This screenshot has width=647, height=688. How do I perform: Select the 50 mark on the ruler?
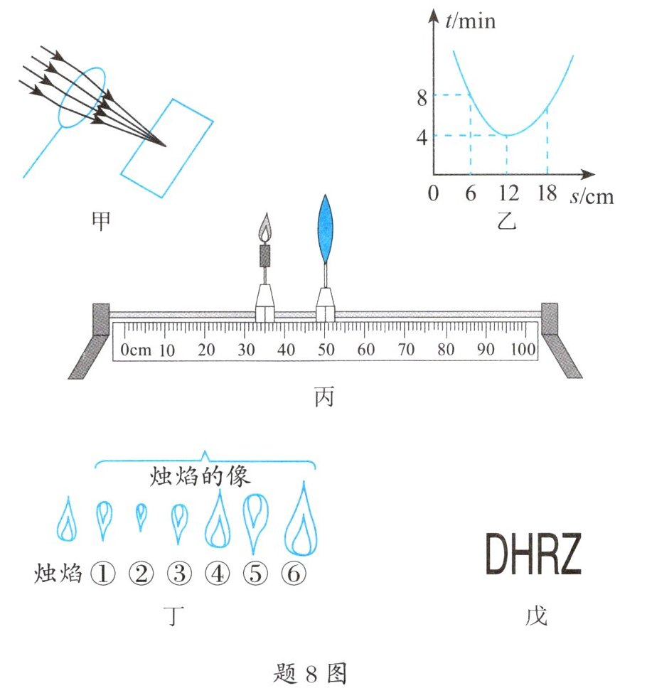tap(326, 350)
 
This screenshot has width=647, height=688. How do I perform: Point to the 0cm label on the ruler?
tap(135, 350)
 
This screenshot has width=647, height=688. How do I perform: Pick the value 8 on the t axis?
tap(422, 97)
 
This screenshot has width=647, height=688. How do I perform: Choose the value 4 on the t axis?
tap(422, 136)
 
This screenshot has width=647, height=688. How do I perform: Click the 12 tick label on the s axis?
tap(508, 194)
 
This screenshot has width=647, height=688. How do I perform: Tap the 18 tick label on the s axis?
tap(547, 194)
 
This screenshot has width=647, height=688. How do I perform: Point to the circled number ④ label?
tap(218, 574)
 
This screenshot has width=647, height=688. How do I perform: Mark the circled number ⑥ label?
tap(294, 574)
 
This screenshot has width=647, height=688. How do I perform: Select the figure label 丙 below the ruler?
tap(323, 397)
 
